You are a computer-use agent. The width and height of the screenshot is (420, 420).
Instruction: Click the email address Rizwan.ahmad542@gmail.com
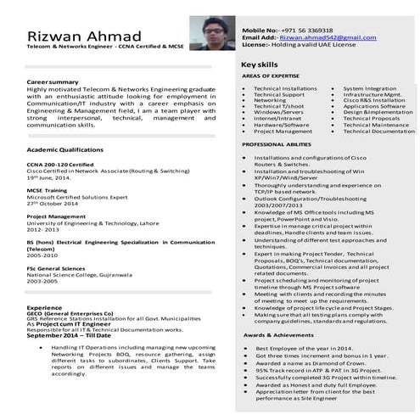click(x=328, y=37)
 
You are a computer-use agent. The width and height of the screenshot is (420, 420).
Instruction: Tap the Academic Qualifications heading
click(x=64, y=148)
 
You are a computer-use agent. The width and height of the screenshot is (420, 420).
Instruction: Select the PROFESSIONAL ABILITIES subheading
click(x=276, y=144)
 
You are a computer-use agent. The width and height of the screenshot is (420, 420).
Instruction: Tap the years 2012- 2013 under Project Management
click(x=45, y=229)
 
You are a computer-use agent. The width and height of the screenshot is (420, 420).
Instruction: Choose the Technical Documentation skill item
click(x=378, y=132)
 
